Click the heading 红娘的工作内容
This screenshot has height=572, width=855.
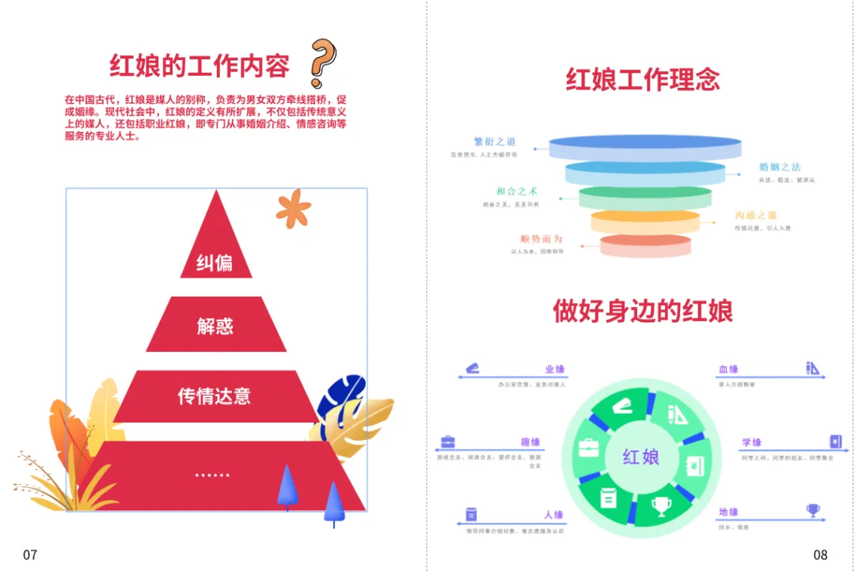tap(199, 66)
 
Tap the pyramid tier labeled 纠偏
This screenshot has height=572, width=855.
tap(215, 262)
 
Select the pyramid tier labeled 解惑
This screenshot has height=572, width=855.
tap(215, 325)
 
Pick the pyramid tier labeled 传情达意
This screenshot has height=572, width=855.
tap(215, 396)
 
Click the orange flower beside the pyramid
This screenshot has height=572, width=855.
tap(293, 207)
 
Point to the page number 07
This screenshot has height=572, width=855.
tap(30, 555)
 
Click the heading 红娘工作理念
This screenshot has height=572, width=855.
tap(643, 80)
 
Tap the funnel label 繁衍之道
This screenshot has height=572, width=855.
tap(495, 142)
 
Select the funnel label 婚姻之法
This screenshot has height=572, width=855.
tap(780, 167)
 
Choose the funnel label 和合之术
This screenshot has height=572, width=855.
tap(517, 191)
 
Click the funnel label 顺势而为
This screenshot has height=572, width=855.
tap(541, 239)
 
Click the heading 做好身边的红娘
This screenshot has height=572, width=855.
tap(643, 311)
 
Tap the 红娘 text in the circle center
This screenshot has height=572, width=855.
tap(641, 456)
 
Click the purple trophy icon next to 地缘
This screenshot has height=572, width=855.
tap(813, 510)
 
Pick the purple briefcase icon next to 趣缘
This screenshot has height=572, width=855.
tap(448, 442)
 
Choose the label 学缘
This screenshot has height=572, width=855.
tap(751, 442)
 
